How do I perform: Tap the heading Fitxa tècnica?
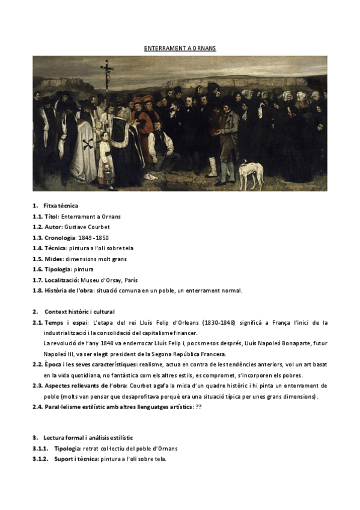61,206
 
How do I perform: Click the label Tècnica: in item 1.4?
58,248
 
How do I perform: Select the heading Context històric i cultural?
83,312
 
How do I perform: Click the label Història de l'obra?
68,291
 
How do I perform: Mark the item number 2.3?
37,386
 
